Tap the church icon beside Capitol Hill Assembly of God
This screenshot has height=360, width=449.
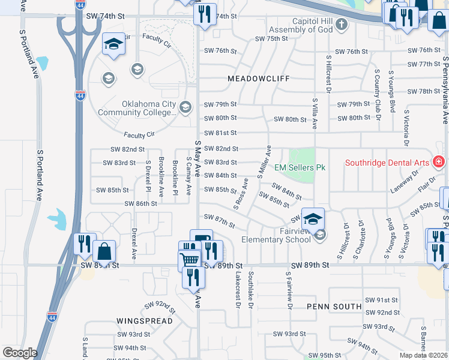(342, 25)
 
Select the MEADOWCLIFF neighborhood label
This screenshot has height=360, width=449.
(259, 79)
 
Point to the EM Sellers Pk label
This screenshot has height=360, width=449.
(300, 167)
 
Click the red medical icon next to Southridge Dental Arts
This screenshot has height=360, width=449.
(438, 163)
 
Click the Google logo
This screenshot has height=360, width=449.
(19, 352)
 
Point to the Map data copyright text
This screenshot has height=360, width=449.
(424, 355)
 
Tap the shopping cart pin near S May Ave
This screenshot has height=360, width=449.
(190, 259)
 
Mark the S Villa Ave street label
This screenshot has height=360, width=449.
(314, 114)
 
